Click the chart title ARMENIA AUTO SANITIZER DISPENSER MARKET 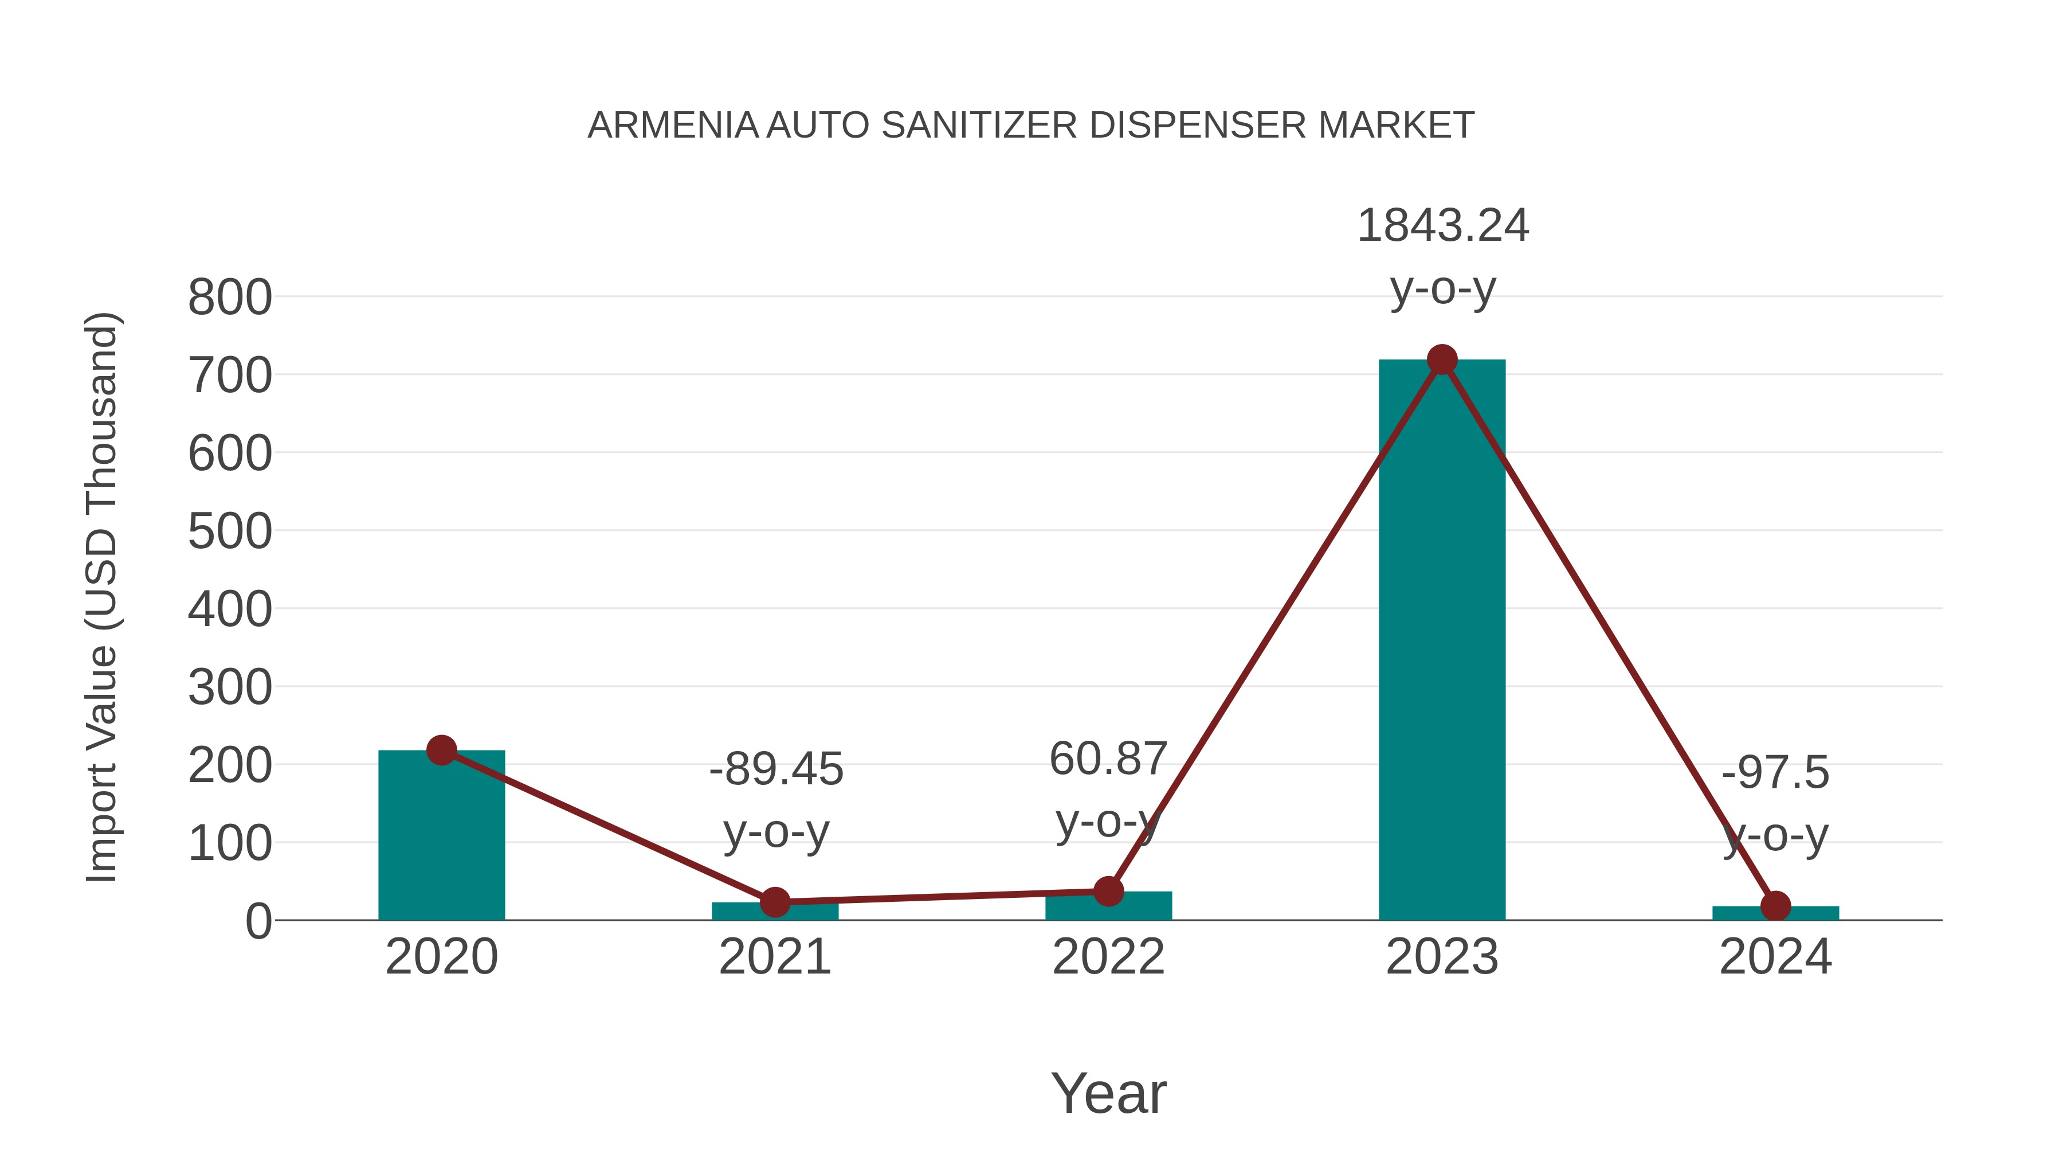click(x=1031, y=126)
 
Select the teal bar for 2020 click(x=441, y=841)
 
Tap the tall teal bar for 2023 click(x=1442, y=641)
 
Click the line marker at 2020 click(x=441, y=750)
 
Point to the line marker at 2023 click(x=1442, y=359)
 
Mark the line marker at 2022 click(x=1108, y=891)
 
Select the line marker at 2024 click(x=1775, y=906)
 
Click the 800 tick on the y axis click(x=230, y=298)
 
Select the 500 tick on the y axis click(x=230, y=531)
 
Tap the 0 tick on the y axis click(x=258, y=921)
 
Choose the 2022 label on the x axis click(x=1108, y=957)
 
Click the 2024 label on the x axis click(x=1775, y=957)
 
